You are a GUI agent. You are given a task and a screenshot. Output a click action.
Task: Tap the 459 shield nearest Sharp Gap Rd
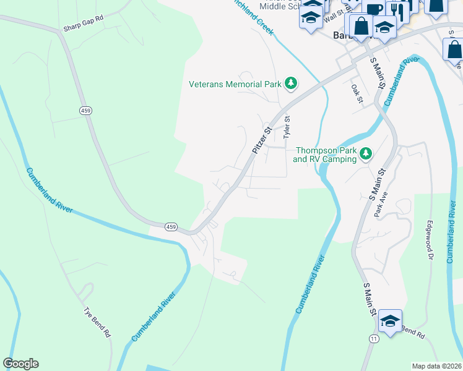click(85, 110)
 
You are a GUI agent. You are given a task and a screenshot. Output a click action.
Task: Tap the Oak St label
click(355, 94)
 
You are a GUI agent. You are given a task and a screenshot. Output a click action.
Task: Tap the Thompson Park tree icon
click(366, 153)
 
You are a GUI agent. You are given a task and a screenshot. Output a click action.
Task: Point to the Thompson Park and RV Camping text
click(325, 155)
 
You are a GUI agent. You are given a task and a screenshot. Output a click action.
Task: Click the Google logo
click(20, 364)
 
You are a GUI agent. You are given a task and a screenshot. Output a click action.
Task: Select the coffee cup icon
click(374, 9)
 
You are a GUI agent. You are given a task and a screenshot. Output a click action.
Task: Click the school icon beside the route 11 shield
click(390, 321)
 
